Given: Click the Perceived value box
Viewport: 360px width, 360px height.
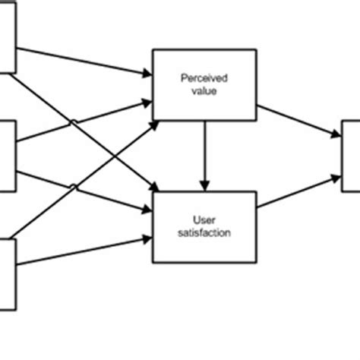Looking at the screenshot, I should point(204,84).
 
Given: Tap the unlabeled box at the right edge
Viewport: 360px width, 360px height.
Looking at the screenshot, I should point(351,156).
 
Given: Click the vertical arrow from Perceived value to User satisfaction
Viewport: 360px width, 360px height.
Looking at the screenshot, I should point(204,152).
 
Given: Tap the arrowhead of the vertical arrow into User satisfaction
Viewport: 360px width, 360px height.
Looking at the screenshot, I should point(204,186).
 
